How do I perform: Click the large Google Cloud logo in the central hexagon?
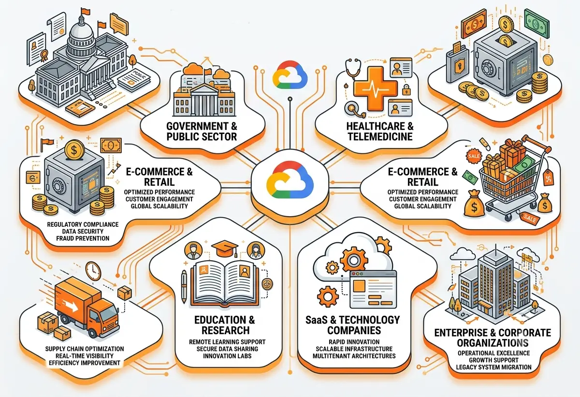coord(290,180)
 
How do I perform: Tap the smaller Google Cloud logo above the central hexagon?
coord(290,74)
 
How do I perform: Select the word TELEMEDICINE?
coord(380,136)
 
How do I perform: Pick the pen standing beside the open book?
coord(184,286)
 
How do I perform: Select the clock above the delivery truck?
coord(93,271)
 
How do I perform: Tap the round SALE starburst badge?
coord(474,156)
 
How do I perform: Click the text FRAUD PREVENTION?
coord(83,238)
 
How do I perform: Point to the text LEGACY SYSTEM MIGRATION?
coord(493,367)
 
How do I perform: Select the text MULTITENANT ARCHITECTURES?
coord(354,356)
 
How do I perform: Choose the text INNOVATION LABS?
coord(227,356)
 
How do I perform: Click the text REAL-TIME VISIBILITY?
coord(85,356)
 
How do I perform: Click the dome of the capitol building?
coord(81,36)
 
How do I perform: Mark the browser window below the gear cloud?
coord(373,289)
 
